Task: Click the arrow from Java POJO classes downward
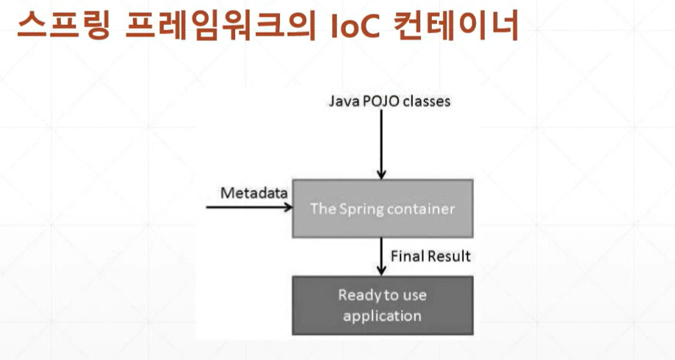[380, 143]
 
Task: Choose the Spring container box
[382, 208]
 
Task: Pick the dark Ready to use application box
[382, 306]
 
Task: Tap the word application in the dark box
[382, 316]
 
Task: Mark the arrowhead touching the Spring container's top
[380, 175]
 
